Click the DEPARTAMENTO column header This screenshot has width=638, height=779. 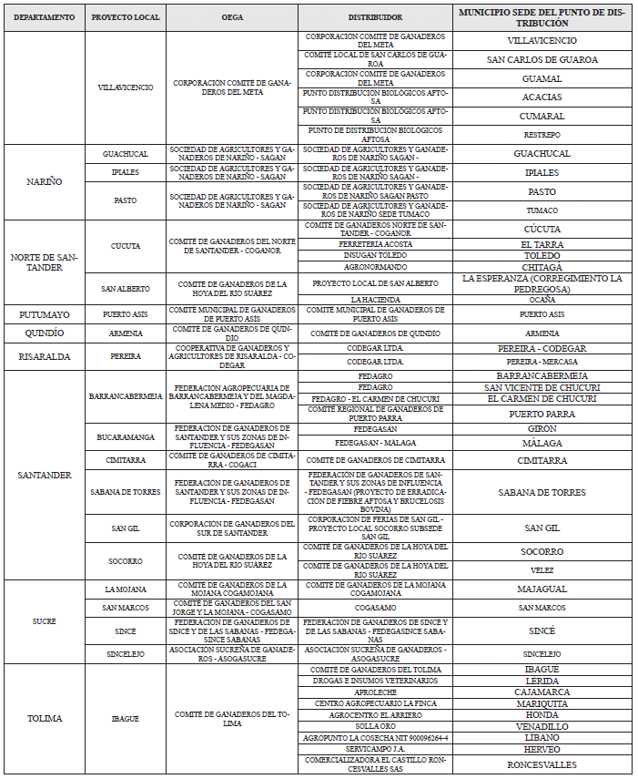click(45, 17)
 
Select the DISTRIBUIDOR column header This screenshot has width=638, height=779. click(375, 17)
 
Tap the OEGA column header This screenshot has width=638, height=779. click(231, 17)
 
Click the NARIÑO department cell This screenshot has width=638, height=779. click(45, 181)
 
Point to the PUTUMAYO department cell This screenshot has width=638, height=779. click(45, 314)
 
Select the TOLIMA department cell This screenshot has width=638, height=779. click(45, 718)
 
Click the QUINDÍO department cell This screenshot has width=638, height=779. click(45, 333)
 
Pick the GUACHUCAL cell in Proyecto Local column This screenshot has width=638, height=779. click(126, 154)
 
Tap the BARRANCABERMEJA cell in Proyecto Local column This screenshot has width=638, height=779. click(126, 396)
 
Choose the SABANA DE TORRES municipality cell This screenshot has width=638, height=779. click(542, 492)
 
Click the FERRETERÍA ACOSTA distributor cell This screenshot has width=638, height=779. click(375, 244)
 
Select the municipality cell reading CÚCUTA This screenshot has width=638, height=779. click(542, 230)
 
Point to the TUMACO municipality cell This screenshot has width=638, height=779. click(542, 210)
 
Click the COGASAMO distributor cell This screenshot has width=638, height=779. click(375, 608)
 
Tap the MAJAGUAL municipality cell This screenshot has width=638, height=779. click(542, 589)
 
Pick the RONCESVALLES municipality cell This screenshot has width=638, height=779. click(542, 765)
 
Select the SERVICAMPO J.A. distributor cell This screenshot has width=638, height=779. click(375, 749)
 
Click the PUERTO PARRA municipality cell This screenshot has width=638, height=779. click(542, 413)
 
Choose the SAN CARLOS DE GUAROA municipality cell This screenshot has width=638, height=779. click(542, 59)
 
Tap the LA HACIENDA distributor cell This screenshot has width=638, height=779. click(375, 300)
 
